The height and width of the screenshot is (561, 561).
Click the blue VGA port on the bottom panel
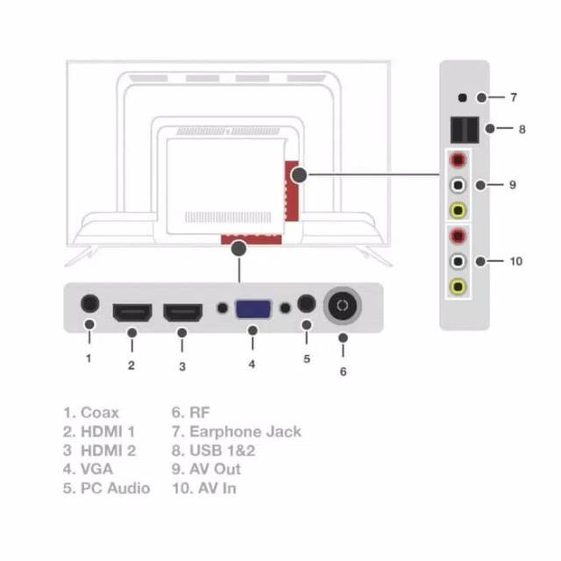[x=252, y=309]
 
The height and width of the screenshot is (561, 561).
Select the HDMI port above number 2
[x=132, y=312]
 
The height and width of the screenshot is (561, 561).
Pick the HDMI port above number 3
[x=182, y=312]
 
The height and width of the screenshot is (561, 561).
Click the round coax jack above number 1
[x=89, y=303]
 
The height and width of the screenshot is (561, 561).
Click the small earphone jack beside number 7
[x=461, y=97]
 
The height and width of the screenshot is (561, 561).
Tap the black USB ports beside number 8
[x=464, y=130]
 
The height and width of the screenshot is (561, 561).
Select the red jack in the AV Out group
[x=458, y=161]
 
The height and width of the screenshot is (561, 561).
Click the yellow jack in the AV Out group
[x=458, y=210]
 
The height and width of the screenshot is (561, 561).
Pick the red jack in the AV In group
[x=458, y=237]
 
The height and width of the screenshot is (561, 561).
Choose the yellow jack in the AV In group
[x=458, y=286]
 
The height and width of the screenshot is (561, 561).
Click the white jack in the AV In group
[x=458, y=261]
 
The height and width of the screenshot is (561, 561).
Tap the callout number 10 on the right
[x=515, y=261]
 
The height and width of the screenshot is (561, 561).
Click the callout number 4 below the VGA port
[x=252, y=363]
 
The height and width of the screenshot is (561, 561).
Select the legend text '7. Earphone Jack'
[x=237, y=431]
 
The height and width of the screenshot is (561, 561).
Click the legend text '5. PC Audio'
[x=106, y=488]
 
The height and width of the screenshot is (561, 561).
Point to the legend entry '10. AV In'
[x=204, y=488]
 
